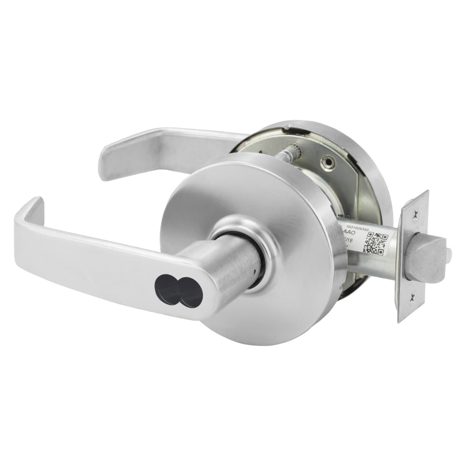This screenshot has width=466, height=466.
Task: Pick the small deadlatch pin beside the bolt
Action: pyautogui.click(x=448, y=254)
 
